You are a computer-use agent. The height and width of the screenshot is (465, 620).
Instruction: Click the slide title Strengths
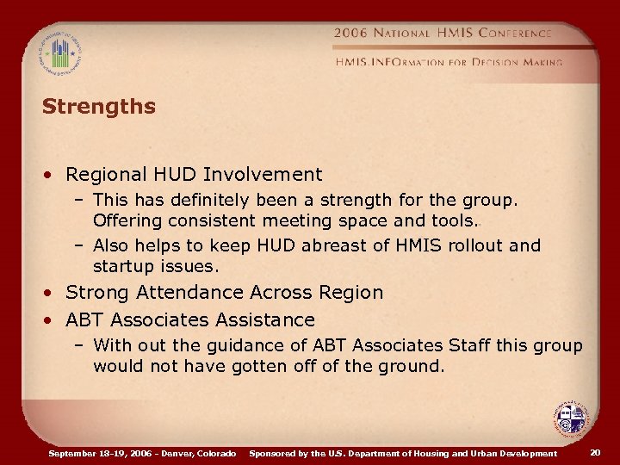click(98, 107)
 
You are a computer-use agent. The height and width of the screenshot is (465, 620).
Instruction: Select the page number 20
click(595, 453)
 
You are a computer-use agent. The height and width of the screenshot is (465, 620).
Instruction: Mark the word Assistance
click(263, 320)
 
